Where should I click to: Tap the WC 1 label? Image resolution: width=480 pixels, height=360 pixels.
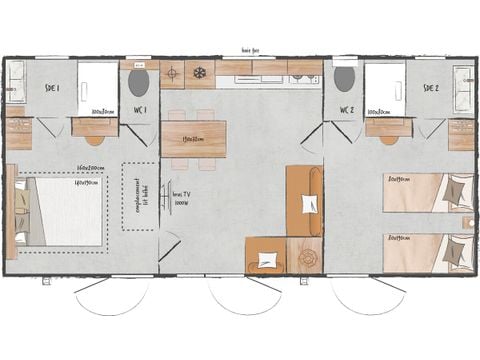coord(140,109)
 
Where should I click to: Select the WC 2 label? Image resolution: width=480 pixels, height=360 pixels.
coord(346,109)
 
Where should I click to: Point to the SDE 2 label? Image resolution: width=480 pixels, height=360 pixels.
coord(431,88)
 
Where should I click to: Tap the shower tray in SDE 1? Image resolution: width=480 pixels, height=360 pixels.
coord(98,87)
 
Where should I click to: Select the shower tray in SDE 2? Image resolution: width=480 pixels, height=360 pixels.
coord(384,87)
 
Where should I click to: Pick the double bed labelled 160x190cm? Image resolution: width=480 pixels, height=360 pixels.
coord(62,211)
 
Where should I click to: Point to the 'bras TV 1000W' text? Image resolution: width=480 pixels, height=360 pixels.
coord(182,198)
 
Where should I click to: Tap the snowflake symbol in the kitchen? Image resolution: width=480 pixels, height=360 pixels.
coord(199,74)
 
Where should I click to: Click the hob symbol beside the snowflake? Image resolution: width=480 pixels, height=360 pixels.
coord(172,74)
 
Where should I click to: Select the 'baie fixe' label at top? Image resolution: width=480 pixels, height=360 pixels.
coord(250,49)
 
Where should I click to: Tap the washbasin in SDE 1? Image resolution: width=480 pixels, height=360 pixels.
coord(16,84)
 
